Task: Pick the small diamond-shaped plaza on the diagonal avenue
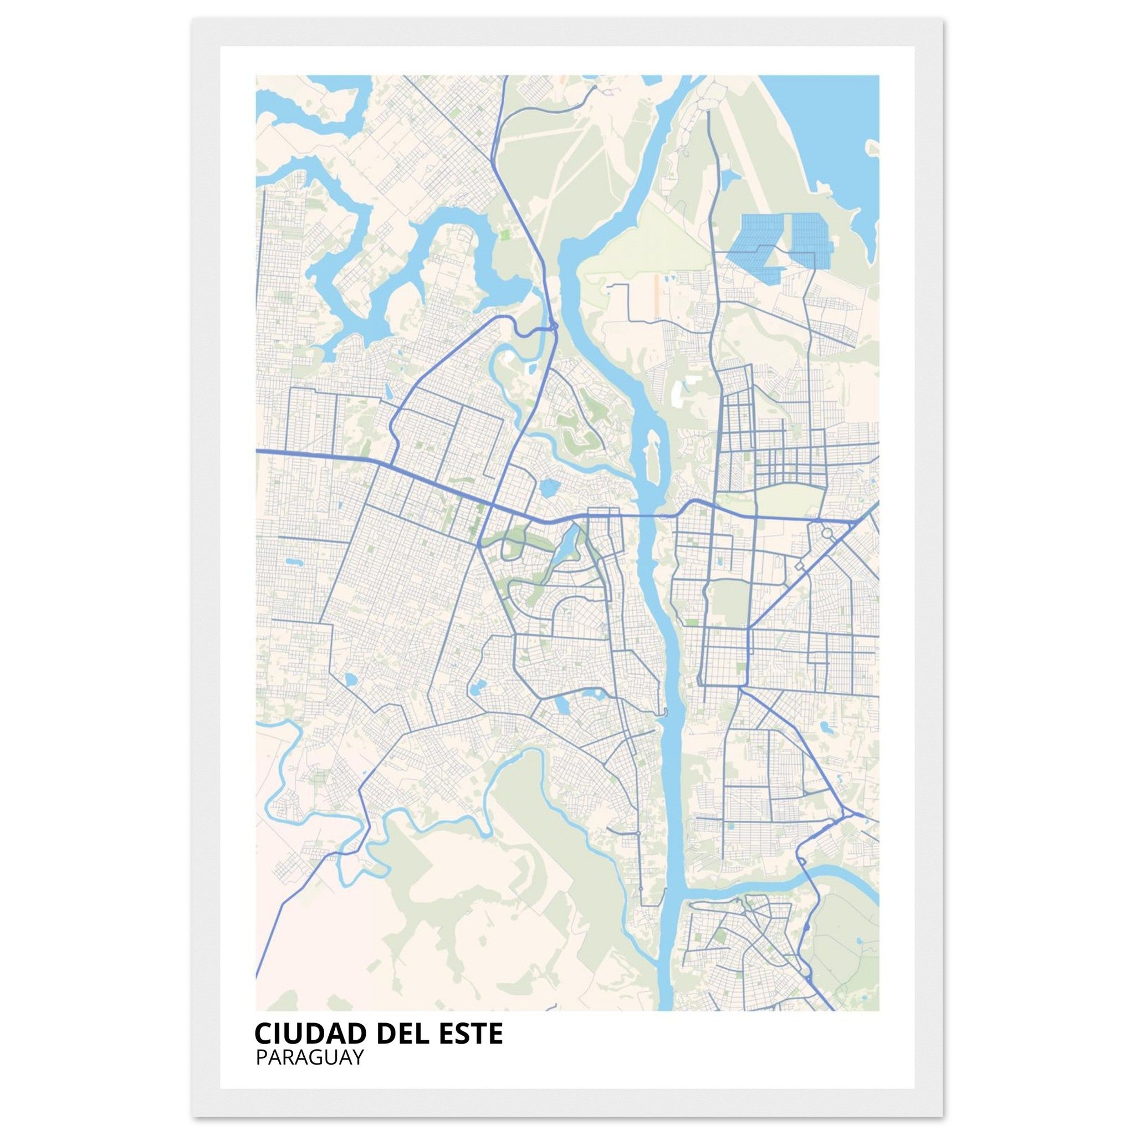pyautogui.click(x=799, y=565)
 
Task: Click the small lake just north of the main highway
pyautogui.click(x=549, y=487)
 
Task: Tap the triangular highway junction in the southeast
pyautogui.click(x=846, y=814)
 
